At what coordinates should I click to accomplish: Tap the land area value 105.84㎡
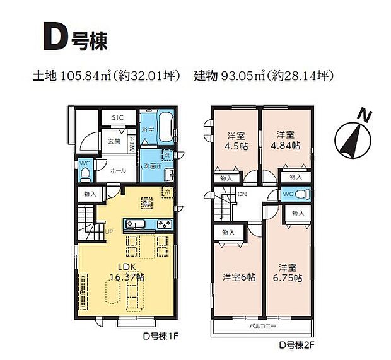point(86,77)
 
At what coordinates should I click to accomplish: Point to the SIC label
point(118,118)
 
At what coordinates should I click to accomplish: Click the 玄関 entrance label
point(114,141)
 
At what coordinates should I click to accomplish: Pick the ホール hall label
point(118,170)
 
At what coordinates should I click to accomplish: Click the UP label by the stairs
point(109,231)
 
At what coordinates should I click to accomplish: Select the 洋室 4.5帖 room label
point(236,140)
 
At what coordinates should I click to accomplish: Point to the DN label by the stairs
point(242,194)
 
